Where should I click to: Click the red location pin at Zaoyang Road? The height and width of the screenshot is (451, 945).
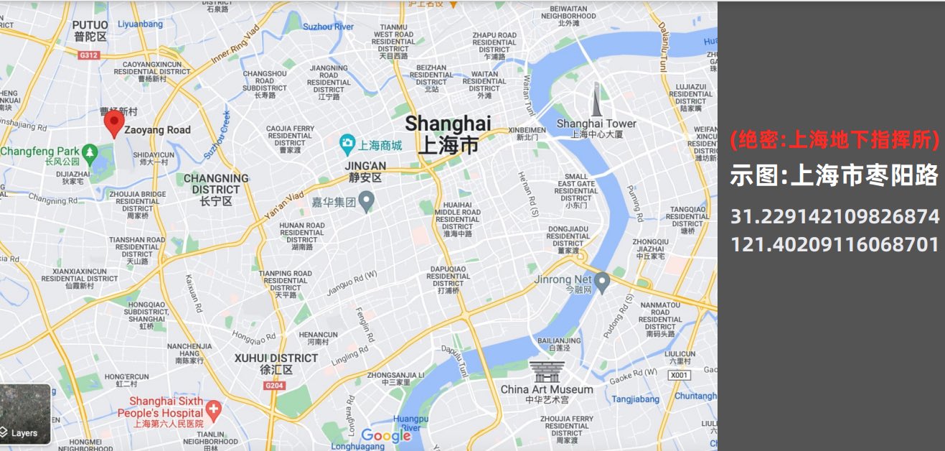coord(113,123)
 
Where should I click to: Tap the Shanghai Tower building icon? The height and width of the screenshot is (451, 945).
coord(596,100)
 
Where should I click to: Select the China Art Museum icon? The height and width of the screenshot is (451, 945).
coord(547,372)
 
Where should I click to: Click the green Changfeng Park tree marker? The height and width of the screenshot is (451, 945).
coord(90,152)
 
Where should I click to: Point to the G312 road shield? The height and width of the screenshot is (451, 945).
coord(88,55)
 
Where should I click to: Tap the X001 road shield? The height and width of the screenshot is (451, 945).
coord(678,376)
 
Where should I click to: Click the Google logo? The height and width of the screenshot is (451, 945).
coord(385,435)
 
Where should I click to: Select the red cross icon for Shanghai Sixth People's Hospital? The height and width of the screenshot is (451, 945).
coord(213,410)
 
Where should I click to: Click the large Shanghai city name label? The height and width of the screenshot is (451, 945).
coord(448,134)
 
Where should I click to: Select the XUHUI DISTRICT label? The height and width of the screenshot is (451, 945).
coord(276,363)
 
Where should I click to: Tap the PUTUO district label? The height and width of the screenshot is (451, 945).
coord(90,30)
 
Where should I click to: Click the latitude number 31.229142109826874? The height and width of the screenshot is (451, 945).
coord(834,217)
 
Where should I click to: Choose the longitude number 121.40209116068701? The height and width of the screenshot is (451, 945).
coord(834,244)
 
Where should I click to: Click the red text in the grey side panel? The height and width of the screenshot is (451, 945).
coord(834,141)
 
